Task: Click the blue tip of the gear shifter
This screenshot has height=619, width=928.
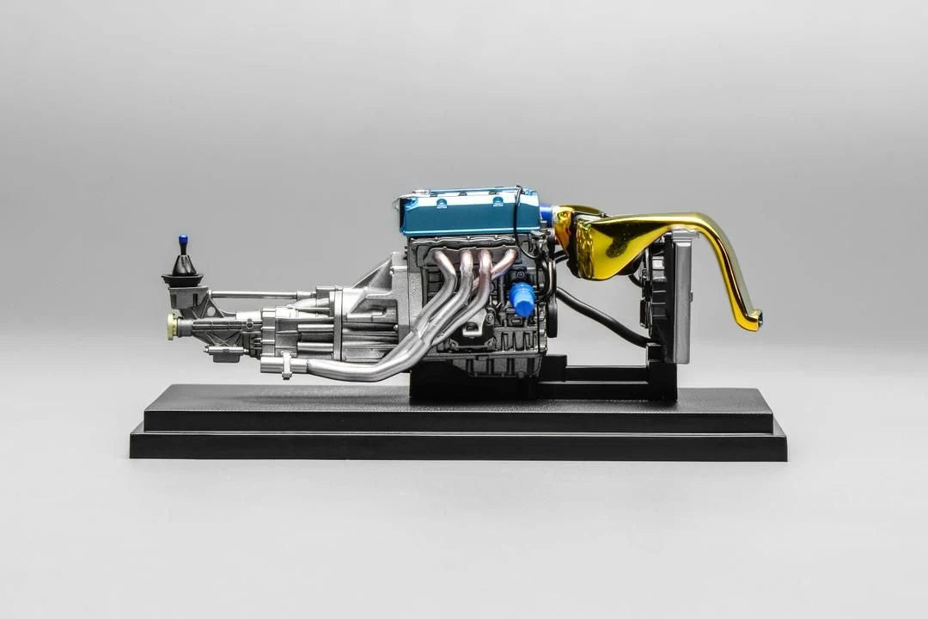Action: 183,240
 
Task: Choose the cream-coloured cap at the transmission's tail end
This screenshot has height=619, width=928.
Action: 172,325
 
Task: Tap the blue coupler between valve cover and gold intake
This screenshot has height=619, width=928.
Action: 545,215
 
